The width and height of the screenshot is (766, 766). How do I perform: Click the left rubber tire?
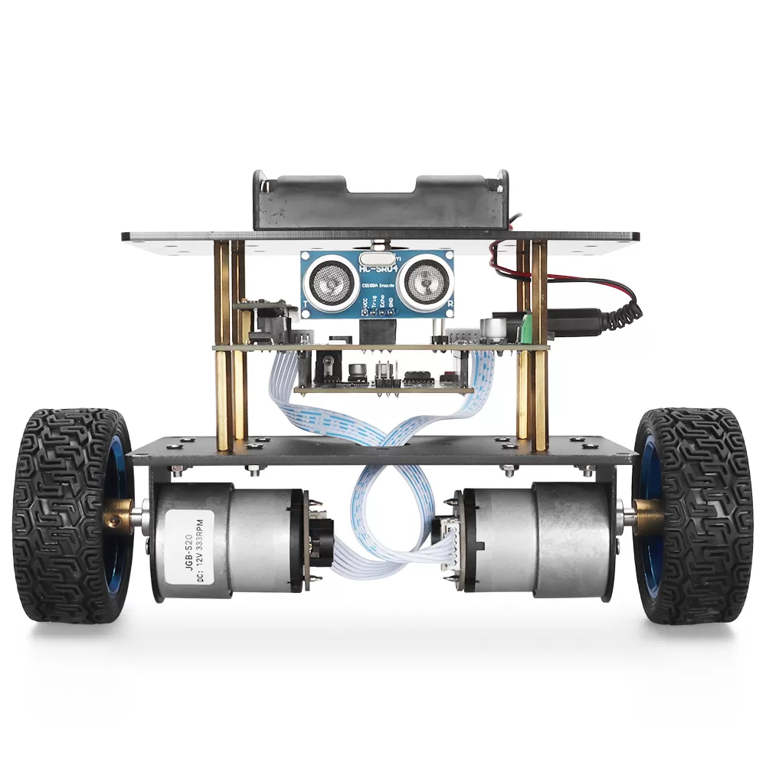click(61, 513)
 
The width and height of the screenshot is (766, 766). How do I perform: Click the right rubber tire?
click(693, 513)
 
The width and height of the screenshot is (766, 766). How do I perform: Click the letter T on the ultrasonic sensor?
click(306, 305)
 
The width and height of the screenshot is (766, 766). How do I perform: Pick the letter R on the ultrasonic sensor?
click(450, 303)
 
